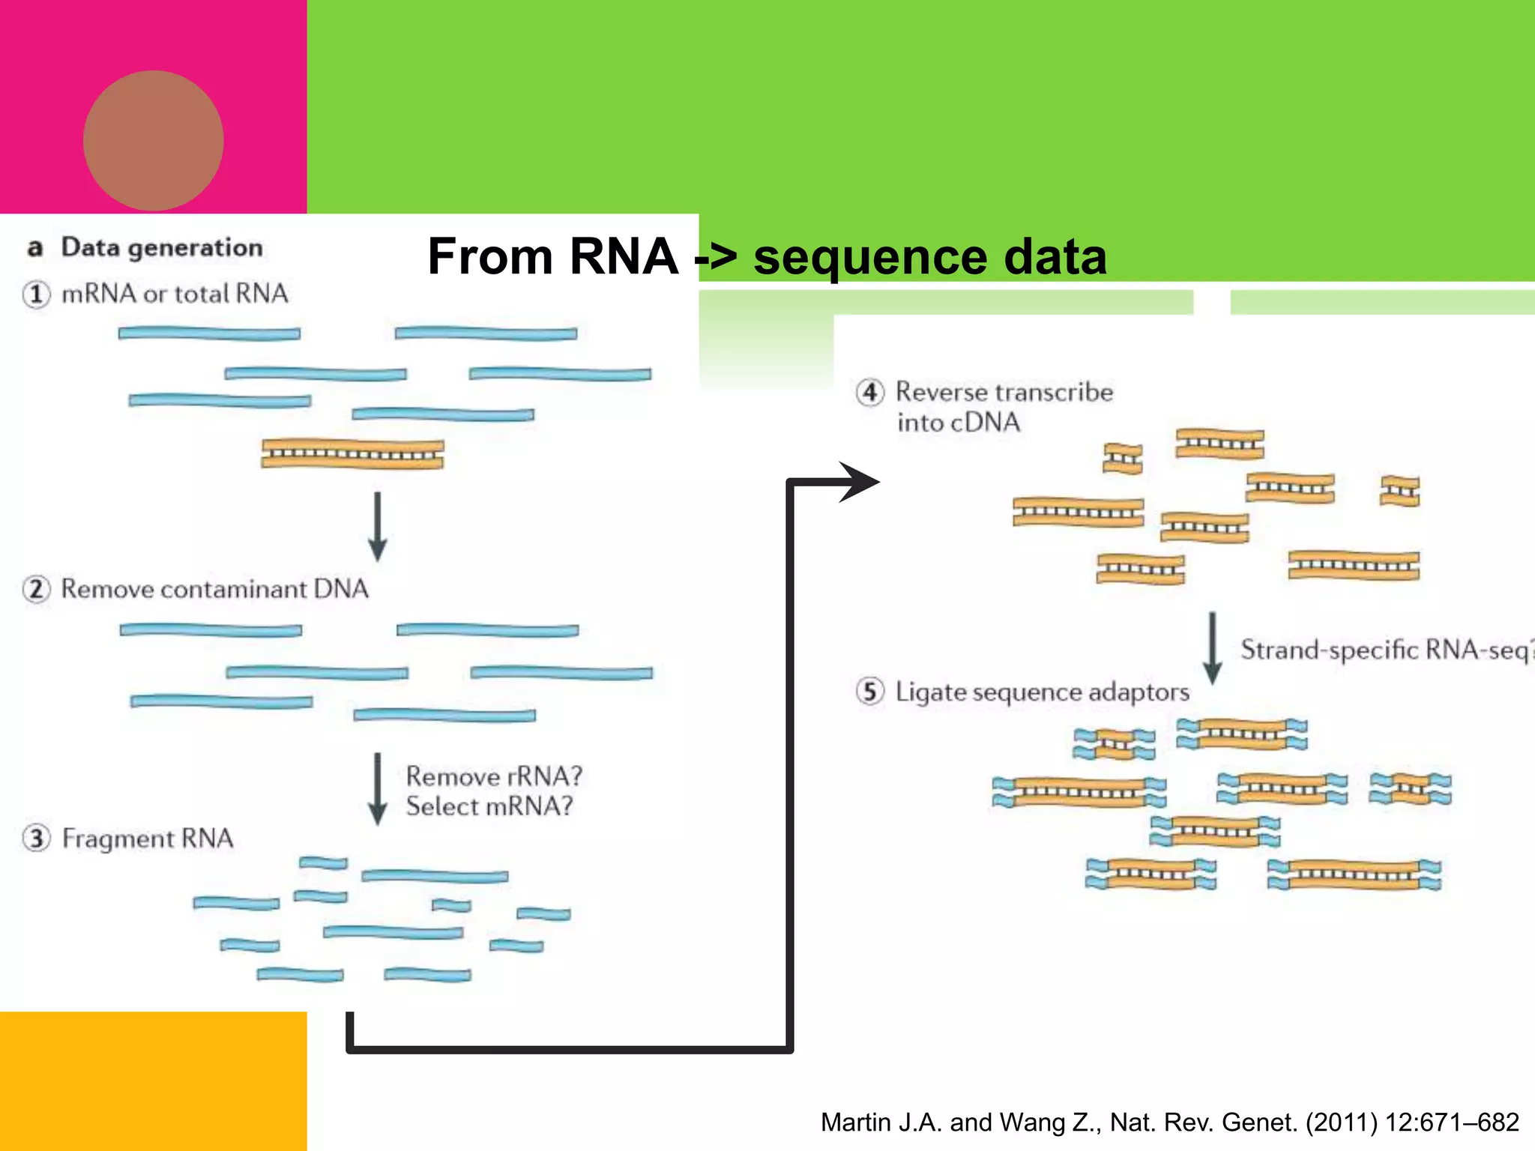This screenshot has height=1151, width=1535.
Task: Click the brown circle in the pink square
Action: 153,140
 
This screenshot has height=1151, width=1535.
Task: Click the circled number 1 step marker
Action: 37,294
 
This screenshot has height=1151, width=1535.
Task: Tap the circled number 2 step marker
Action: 37,589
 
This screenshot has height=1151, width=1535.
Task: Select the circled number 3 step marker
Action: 37,838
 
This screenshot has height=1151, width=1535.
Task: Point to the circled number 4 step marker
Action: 869,392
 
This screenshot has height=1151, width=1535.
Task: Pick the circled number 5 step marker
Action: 869,691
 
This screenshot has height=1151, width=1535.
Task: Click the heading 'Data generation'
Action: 161,247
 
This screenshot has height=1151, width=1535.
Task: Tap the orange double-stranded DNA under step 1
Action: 352,454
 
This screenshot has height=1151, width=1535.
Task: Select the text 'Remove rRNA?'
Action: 494,776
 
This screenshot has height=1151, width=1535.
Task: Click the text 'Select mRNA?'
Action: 489,806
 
